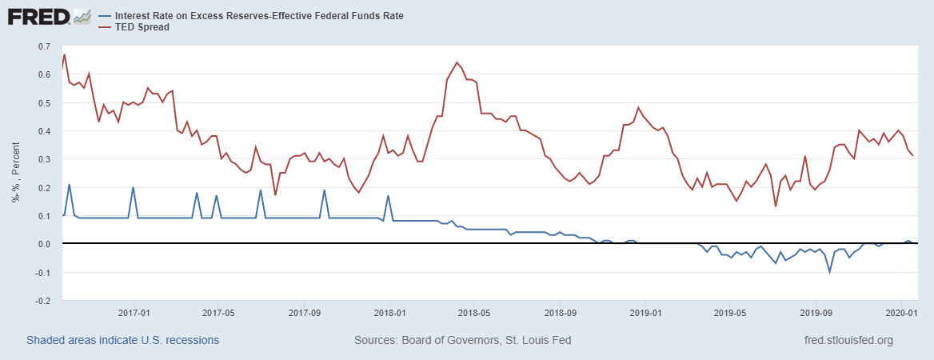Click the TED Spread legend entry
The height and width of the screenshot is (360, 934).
[x=137, y=27]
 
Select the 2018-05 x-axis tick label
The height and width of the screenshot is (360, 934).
[x=473, y=313]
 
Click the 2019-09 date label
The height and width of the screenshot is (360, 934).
[x=815, y=313]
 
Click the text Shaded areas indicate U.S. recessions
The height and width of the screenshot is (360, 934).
[x=122, y=340]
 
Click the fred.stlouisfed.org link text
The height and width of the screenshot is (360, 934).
[x=848, y=340]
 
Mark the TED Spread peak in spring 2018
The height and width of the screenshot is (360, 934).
[x=457, y=62]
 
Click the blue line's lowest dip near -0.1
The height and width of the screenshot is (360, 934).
[x=829, y=272]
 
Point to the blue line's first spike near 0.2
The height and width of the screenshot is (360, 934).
[x=69, y=185]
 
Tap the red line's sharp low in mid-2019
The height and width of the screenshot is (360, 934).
[x=776, y=206]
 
